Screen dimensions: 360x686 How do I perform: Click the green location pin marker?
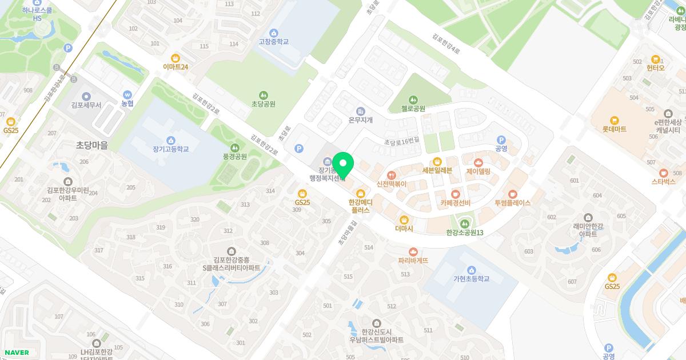pos(343,165)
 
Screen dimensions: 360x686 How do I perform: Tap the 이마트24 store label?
pos(176,67)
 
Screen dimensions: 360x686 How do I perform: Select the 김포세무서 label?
pos(86,105)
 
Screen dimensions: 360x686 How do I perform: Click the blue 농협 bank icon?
pos(127,94)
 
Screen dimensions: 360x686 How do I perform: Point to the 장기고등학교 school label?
pos(170,149)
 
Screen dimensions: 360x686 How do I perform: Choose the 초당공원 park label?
pos(264,104)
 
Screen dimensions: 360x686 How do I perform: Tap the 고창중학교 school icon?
pos(273,33)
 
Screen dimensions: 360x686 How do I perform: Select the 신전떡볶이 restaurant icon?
pos(392,175)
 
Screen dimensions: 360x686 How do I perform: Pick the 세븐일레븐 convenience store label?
pos(437,170)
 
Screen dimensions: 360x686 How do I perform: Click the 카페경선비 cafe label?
pos(455,203)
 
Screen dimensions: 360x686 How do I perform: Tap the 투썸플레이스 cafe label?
pos(512,203)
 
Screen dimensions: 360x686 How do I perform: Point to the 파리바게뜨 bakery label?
pos(413,261)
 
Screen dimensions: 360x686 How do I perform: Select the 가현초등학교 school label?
pos(471,279)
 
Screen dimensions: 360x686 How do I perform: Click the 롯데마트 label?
pos(615,129)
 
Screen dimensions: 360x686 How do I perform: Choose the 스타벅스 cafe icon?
pos(663,173)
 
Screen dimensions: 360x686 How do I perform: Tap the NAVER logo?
pos(17,353)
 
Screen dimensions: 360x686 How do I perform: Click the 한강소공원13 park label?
pos(465,233)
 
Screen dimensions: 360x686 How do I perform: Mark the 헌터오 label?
pos(656,68)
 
